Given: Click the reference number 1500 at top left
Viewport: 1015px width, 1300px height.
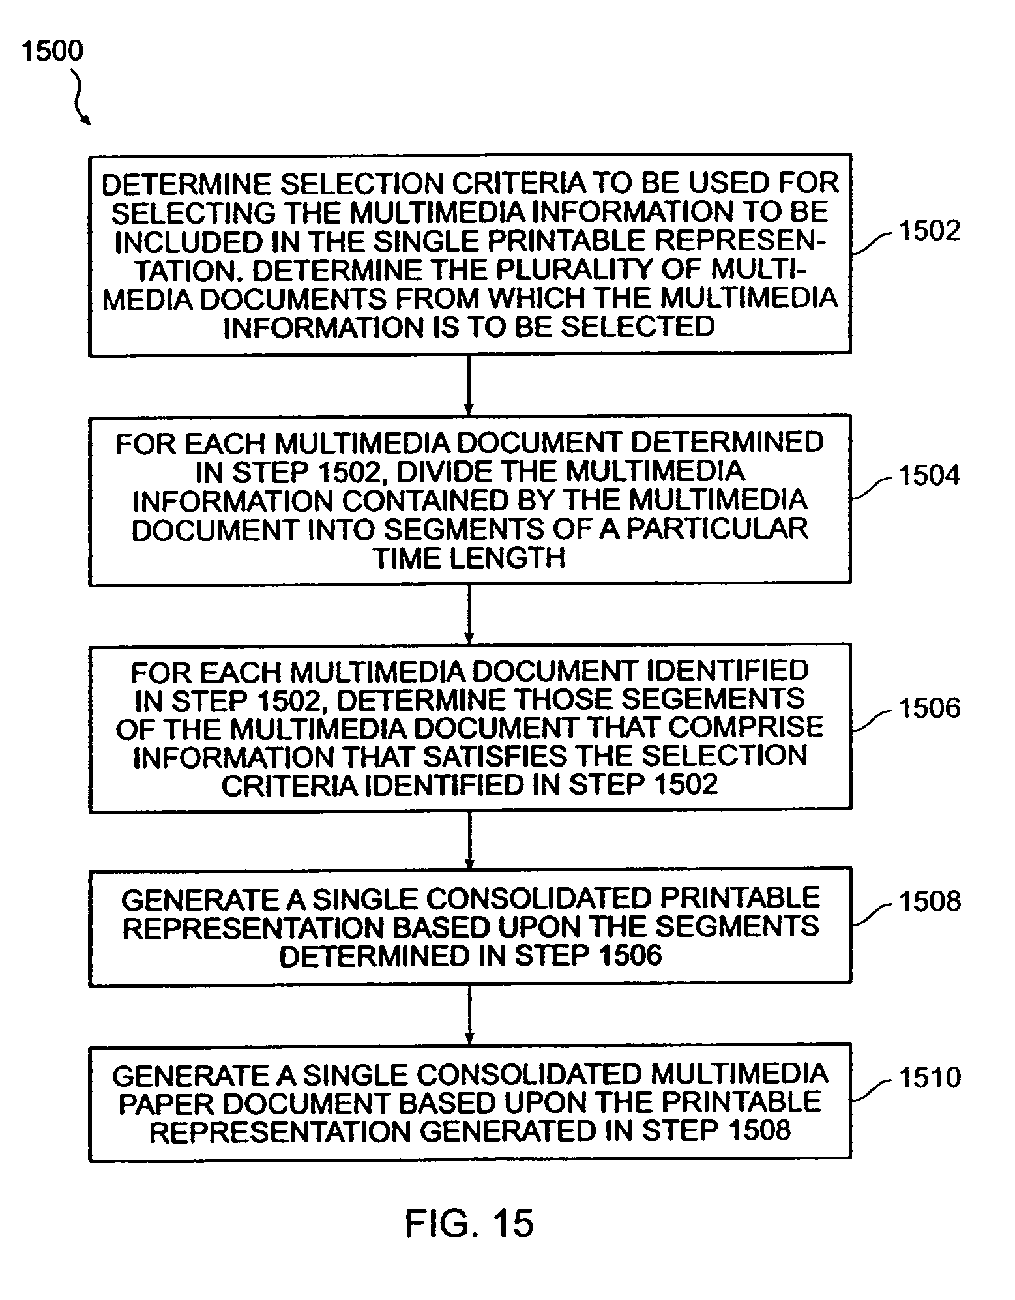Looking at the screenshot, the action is click(53, 51).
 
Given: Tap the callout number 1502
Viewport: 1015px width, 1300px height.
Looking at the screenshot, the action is click(929, 231).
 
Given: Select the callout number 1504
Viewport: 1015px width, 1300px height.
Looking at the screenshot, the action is click(929, 475).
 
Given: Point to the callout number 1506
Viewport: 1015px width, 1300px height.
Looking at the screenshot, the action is click(929, 708).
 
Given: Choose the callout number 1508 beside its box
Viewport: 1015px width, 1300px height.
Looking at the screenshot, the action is click(929, 901).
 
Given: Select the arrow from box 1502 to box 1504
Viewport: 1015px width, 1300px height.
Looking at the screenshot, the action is click(469, 385).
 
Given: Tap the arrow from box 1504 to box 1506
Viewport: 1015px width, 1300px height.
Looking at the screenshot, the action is click(469, 615).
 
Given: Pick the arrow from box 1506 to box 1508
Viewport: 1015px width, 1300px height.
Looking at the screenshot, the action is click(469, 840).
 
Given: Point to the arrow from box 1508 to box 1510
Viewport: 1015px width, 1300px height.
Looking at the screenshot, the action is click(469, 1015).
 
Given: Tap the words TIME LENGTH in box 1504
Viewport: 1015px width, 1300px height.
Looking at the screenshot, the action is click(469, 558).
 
